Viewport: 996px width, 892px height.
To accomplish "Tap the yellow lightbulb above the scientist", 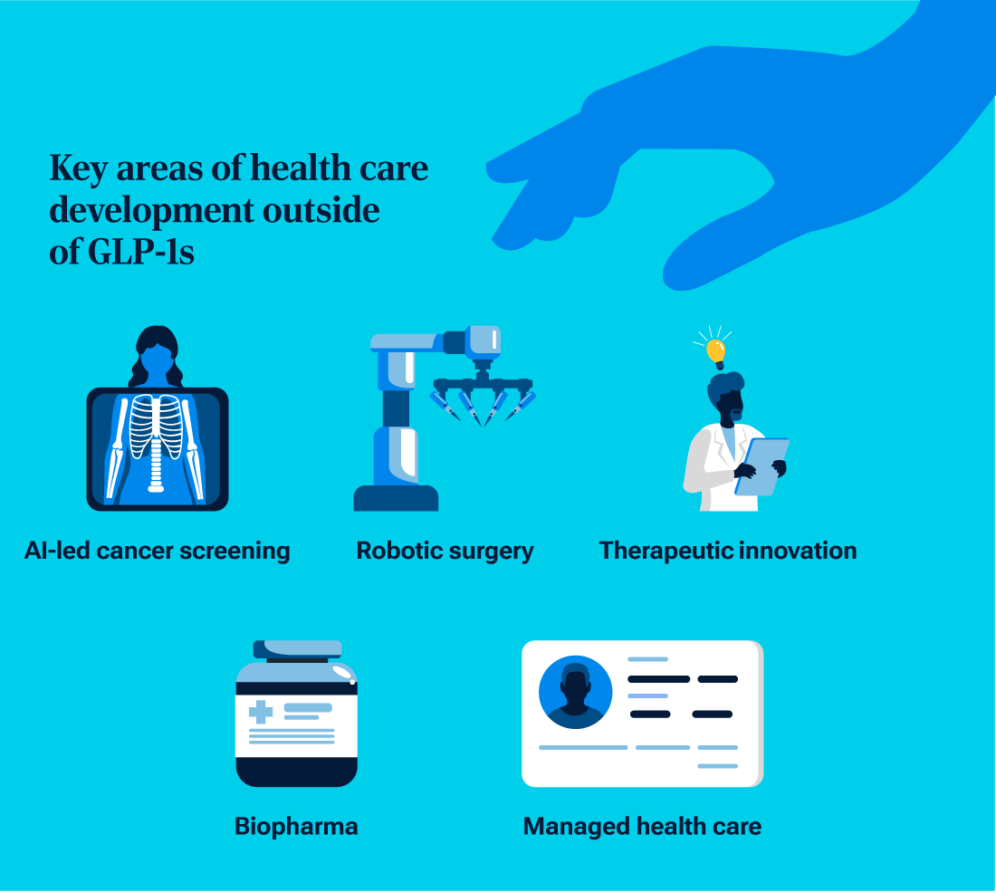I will coord(716,350).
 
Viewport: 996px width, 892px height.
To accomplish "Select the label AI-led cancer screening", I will coord(158,551).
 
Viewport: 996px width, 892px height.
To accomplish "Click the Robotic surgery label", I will coord(445,551).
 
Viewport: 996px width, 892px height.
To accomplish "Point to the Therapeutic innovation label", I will coord(728,551).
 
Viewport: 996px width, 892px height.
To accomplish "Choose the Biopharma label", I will coord(296,826).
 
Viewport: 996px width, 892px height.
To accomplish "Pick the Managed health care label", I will coord(642,826).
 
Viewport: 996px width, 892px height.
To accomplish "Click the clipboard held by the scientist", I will coord(761,466).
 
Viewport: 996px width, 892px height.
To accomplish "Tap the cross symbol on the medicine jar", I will coord(261,711).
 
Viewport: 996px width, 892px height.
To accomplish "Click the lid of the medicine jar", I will coord(297,649).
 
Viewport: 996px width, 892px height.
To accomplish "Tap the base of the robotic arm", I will coord(396,498).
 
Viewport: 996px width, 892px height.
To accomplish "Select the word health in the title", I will coord(300,168).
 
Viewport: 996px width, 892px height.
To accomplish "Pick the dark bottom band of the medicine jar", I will coord(297,772).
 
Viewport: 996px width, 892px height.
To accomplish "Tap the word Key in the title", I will coord(74,168).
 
